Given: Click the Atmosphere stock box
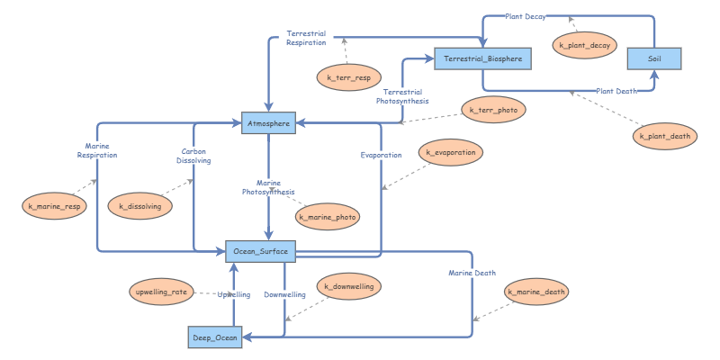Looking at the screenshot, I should [x=268, y=123].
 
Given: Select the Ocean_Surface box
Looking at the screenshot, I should [x=260, y=252].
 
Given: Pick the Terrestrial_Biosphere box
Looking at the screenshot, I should [x=483, y=59].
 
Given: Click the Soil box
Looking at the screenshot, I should [x=653, y=58].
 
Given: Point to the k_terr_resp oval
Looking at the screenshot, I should [x=349, y=78].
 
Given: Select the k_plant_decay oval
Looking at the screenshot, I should [x=584, y=45].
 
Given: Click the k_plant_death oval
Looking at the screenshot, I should [x=664, y=137].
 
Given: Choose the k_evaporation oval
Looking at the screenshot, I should [x=451, y=153].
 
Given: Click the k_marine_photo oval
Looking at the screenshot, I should [x=328, y=217].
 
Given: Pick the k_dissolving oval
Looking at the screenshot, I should [x=140, y=207].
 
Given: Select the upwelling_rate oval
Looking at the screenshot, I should [x=161, y=292].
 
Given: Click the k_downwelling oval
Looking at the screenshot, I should [x=349, y=287].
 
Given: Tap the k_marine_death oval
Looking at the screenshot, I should [x=536, y=292].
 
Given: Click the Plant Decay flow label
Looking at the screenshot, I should [x=525, y=16].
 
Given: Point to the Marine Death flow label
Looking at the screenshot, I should [x=472, y=273].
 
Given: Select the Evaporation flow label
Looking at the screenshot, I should [x=381, y=155].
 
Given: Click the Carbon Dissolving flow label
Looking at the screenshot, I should [x=195, y=157].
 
